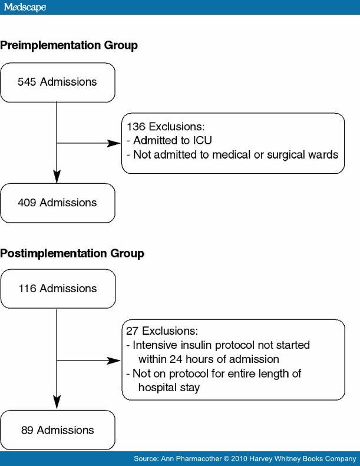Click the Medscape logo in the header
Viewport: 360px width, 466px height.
[x=25, y=7]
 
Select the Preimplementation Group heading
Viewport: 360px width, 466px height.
[x=69, y=45]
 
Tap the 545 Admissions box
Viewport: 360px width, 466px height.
[x=57, y=82]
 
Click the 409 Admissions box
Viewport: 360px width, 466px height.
[x=57, y=203]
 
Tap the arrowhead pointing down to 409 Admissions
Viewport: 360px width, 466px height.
[x=57, y=176]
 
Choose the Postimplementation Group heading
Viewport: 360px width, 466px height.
[x=72, y=254]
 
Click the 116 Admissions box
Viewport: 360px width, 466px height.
[x=57, y=289]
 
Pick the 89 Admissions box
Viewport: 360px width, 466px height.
[x=57, y=431]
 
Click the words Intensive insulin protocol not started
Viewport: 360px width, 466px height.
[x=222, y=345]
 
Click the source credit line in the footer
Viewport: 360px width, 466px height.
[x=245, y=458]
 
